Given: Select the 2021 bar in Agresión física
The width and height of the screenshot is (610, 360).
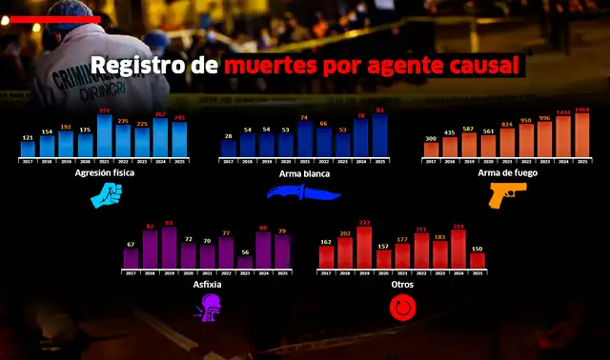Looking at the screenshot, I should [x=104, y=137].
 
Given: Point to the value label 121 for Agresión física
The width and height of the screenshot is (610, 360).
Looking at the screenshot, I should [x=28, y=138].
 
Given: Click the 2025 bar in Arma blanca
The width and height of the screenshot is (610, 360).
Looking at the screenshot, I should [x=380, y=135].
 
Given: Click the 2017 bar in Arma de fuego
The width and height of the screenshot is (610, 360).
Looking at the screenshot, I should [x=432, y=150].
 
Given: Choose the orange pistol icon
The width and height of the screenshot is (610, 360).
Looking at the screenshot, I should [x=507, y=194].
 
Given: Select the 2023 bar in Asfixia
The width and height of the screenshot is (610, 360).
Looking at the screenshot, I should [x=245, y=265].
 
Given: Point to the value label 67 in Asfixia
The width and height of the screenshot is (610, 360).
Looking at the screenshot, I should [x=131, y=245].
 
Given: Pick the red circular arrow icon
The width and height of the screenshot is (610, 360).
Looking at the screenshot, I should [x=402, y=307].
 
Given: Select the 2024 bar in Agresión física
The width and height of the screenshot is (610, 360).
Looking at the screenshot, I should [x=160, y=138].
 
